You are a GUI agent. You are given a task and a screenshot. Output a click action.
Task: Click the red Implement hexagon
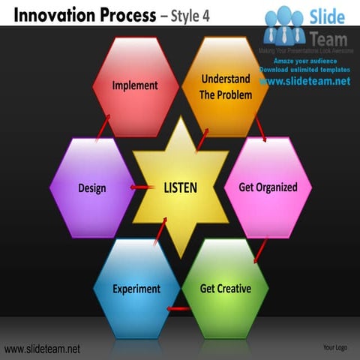pyautogui.click(x=135, y=86)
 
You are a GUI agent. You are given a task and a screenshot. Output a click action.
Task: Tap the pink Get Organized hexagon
pyautogui.click(x=268, y=187)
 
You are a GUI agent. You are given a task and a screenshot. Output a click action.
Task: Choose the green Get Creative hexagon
pyautogui.click(x=225, y=288)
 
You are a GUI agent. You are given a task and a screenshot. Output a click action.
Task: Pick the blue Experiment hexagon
pyautogui.click(x=136, y=288)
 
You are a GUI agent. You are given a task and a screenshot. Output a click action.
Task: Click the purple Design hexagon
pyautogui.click(x=92, y=187)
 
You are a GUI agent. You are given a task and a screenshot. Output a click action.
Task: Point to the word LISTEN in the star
pyautogui.click(x=180, y=187)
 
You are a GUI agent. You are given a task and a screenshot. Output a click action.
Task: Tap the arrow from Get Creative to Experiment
pyautogui.click(x=178, y=308)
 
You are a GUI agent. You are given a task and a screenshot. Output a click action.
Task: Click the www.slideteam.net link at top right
pyautogui.click(x=305, y=80)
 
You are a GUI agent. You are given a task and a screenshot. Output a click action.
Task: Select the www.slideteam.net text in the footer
pyautogui.click(x=42, y=349)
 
